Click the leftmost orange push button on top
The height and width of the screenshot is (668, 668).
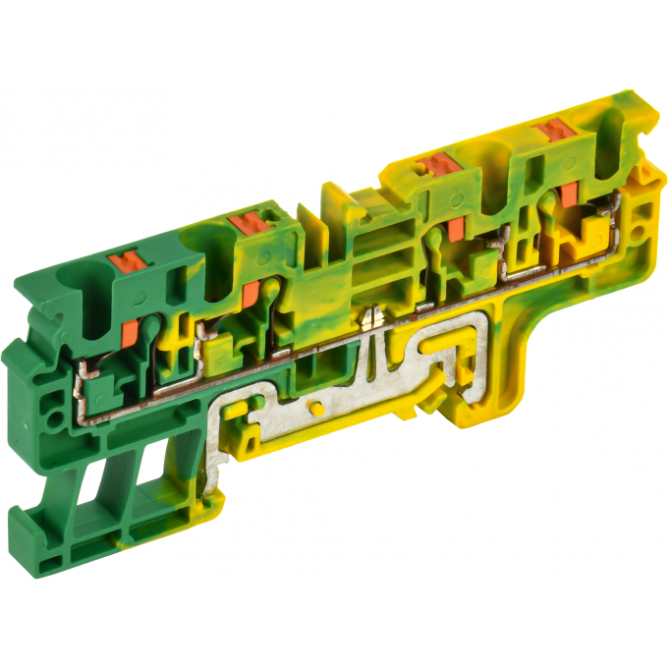(x=127, y=261)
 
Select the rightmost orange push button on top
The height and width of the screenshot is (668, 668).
(x=552, y=129)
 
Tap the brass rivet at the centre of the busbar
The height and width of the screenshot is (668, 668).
(x=372, y=315)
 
